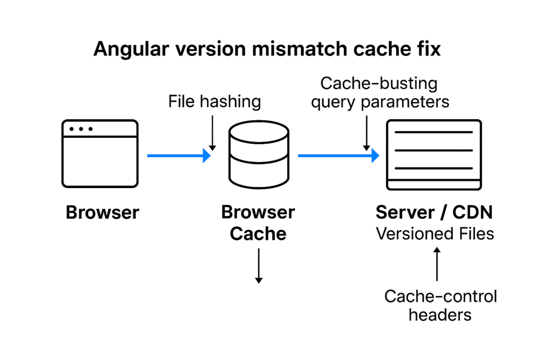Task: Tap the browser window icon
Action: pyautogui.click(x=100, y=153)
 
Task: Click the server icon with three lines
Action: pyautogui.click(x=434, y=154)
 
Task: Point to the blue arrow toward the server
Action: pyautogui.click(x=338, y=155)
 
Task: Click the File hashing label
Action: pyautogui.click(x=215, y=101)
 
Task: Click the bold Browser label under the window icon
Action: pyautogui.click(x=102, y=213)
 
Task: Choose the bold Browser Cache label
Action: pyautogui.click(x=258, y=222)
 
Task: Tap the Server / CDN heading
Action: pyautogui.click(x=434, y=212)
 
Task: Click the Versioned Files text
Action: pyautogui.click(x=435, y=233)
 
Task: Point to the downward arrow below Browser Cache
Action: pyautogui.click(x=258, y=266)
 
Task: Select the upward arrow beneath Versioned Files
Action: pyautogui.click(x=437, y=265)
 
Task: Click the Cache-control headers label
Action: pyautogui.click(x=440, y=305)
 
